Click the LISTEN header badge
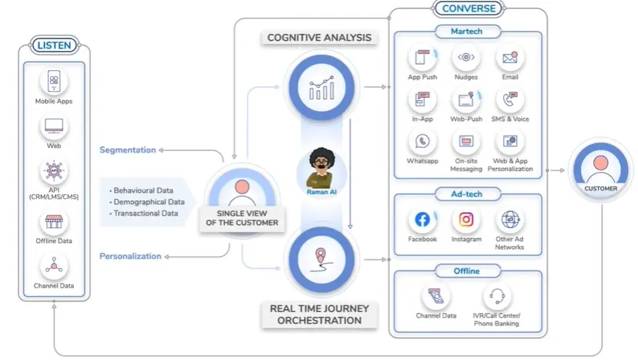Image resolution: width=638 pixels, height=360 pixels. click(x=54, y=45)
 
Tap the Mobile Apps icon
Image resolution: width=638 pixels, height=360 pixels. click(x=54, y=81)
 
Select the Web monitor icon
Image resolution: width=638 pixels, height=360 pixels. click(x=54, y=126)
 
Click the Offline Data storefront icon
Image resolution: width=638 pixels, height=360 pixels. click(x=54, y=222)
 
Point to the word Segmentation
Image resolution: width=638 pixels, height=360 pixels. click(x=128, y=150)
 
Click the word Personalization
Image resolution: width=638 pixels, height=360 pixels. click(x=130, y=256)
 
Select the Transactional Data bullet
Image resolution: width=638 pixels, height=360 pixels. click(x=143, y=214)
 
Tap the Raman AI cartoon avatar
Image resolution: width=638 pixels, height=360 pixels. click(x=321, y=168)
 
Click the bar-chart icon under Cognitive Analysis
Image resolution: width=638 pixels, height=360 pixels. click(x=321, y=88)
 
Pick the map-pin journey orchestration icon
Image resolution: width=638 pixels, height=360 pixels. click(x=321, y=260)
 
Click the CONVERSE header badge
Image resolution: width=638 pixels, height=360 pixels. click(x=468, y=8)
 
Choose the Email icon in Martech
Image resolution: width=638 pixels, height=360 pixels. click(x=510, y=59)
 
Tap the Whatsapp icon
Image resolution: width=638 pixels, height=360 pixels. click(x=422, y=141)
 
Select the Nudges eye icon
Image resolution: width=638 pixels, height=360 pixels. click(x=466, y=58)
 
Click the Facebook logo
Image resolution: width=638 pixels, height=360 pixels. click(x=422, y=220)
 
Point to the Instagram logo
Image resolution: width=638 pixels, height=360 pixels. click(x=466, y=220)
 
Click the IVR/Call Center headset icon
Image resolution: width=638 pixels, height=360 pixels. click(x=497, y=296)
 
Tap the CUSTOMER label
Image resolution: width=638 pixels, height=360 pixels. click(x=600, y=189)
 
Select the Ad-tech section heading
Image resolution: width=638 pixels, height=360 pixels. click(x=467, y=194)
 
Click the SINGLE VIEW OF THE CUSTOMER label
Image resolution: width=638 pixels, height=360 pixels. click(x=242, y=218)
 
